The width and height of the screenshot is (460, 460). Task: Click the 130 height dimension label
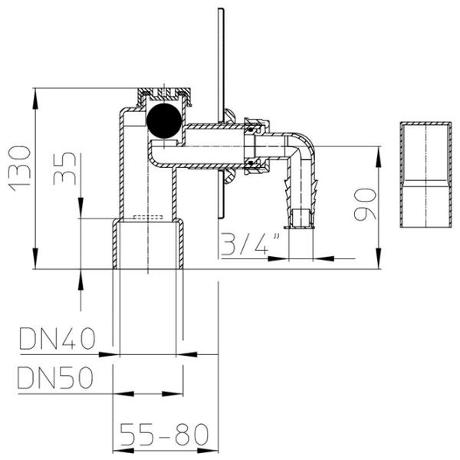(x=20, y=169)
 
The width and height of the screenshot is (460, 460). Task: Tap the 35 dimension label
(x=65, y=169)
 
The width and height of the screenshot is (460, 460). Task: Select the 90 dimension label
(x=365, y=205)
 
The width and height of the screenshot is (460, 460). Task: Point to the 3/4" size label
(x=250, y=244)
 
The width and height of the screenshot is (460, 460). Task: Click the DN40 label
(x=58, y=339)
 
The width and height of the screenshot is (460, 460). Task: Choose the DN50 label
(x=55, y=378)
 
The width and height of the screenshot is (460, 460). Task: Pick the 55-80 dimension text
(x=164, y=434)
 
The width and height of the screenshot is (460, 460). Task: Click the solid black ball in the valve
(x=164, y=120)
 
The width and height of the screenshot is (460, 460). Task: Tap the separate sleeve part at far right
(x=426, y=174)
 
